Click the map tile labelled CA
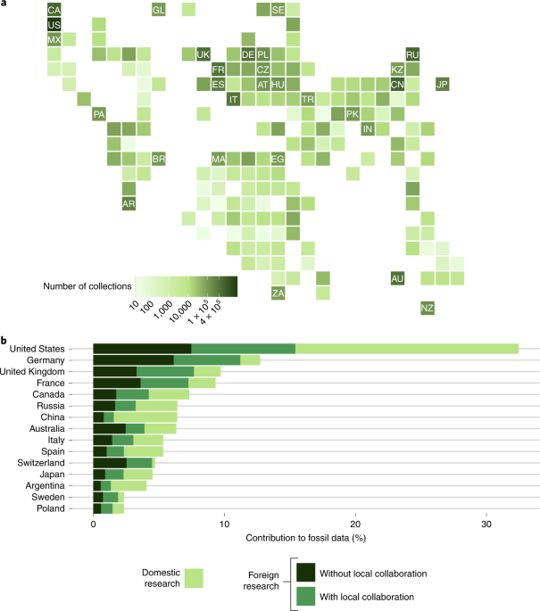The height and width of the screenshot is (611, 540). (x=54, y=10)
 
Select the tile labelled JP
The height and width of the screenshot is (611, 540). (x=442, y=85)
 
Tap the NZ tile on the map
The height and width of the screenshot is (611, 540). (x=428, y=308)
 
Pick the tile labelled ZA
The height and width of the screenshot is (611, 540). (x=278, y=293)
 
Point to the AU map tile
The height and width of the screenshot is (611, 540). (x=397, y=278)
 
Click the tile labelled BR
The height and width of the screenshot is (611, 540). (x=159, y=159)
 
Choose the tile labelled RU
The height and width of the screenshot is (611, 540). (x=412, y=54)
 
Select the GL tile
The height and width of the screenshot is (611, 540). (x=159, y=10)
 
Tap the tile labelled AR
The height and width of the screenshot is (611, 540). (x=129, y=203)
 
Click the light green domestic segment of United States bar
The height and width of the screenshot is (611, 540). (x=407, y=348)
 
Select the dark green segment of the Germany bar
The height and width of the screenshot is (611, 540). (x=133, y=359)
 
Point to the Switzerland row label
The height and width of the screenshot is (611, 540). (x=61, y=463)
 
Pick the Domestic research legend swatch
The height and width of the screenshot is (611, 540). (x=190, y=577)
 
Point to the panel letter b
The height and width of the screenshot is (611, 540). (x=4, y=340)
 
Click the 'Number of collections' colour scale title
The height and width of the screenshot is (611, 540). (x=88, y=286)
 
